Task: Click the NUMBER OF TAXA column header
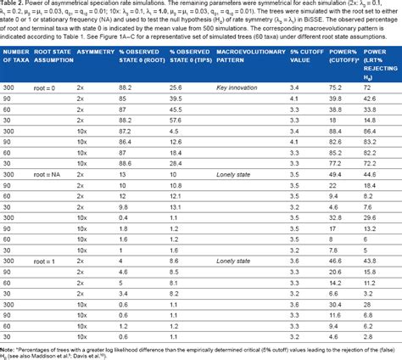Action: [20, 67]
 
